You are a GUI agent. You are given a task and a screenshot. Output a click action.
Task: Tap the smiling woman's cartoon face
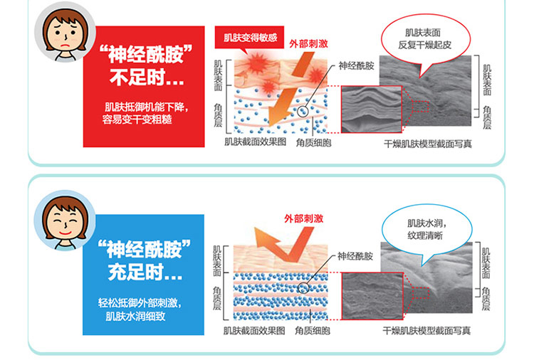coord(65,221)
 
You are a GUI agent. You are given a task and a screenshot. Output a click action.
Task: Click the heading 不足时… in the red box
coord(147,78)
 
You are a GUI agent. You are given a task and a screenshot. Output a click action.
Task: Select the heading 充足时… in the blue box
coord(145,272)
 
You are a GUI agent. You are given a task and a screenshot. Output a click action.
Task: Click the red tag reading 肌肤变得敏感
coord(249,38)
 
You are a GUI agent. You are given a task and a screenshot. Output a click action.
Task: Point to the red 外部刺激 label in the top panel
coord(308,44)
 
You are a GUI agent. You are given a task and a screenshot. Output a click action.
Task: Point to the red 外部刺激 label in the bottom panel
coord(304,218)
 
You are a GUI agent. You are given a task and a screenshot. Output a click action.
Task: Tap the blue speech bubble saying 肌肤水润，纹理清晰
coord(426,230)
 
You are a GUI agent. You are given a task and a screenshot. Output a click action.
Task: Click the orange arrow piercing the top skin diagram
coord(290,91)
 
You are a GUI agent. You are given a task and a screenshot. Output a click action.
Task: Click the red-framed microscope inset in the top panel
coord(372,110)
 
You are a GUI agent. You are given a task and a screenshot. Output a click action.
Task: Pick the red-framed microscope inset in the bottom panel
coord(372,296)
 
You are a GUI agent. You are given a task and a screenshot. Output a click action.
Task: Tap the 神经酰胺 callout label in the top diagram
coord(356,65)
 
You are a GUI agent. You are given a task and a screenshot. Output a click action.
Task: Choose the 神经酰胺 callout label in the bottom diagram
coord(355,256)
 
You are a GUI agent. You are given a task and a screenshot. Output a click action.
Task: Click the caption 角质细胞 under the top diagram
coord(313,142)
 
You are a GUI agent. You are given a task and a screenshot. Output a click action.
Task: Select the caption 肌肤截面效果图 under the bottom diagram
coord(254,330)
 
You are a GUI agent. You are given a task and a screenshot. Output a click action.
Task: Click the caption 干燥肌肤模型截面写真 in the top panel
coord(428,144)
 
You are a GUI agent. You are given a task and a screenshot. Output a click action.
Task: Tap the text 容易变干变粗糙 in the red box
coord(137,120)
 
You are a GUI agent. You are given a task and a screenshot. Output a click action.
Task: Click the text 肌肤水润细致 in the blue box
coord(135,316)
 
